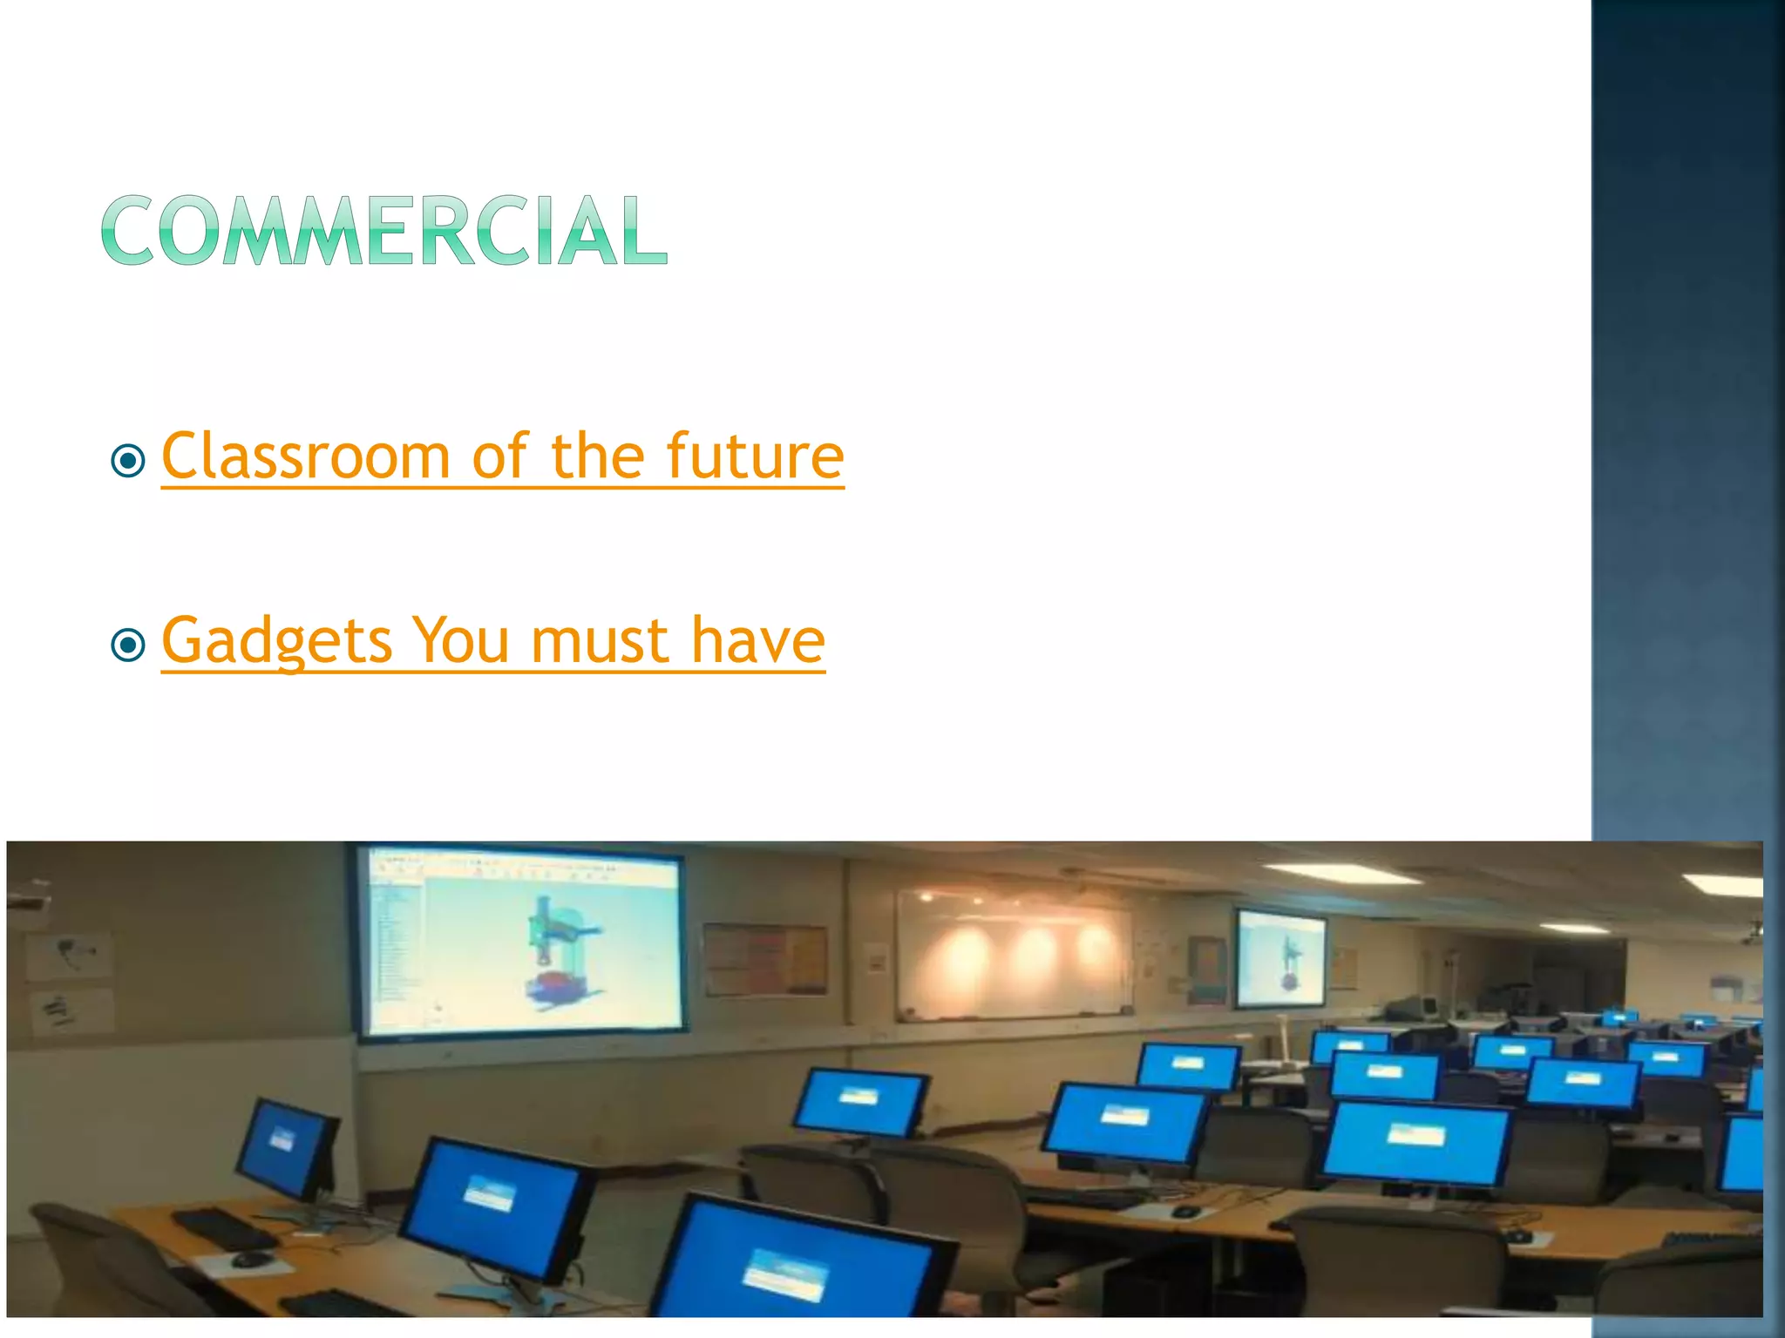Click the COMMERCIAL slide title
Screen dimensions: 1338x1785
(x=384, y=230)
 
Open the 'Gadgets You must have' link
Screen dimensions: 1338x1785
(x=492, y=640)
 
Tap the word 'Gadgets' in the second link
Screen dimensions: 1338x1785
(x=277, y=642)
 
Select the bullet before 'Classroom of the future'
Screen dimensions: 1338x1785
(x=129, y=460)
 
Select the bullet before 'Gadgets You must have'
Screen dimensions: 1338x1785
(x=129, y=645)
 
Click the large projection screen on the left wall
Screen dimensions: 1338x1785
(x=521, y=942)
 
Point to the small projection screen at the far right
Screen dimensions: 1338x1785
(x=1280, y=956)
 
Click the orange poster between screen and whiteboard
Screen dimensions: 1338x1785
(x=765, y=958)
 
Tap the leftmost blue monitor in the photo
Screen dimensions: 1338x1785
(x=286, y=1148)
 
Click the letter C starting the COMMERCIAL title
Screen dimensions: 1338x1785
(x=131, y=230)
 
